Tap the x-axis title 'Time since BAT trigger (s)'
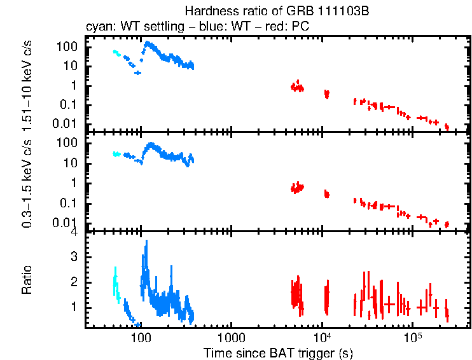click(x=277, y=352)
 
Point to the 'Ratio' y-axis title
click(x=27, y=280)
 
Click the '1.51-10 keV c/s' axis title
click(x=27, y=83)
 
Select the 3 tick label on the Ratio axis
click(x=74, y=257)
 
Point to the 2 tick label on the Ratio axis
click(x=74, y=282)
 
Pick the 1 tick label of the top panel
click(x=74, y=85)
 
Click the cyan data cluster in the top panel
click(x=116, y=53)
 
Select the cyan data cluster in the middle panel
click(x=116, y=154)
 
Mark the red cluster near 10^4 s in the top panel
click(x=327, y=94)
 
